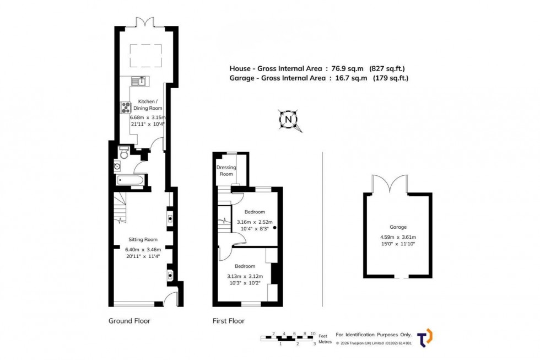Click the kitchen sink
click(x=139, y=82)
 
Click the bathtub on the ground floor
click(x=131, y=180)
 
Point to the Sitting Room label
click(x=143, y=239)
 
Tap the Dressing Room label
click(x=226, y=170)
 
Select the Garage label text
click(x=398, y=227)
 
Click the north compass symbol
click(x=288, y=119)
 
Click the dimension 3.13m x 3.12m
click(x=245, y=276)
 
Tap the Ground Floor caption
click(x=129, y=321)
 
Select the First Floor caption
click(x=229, y=321)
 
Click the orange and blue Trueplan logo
click(x=425, y=337)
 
